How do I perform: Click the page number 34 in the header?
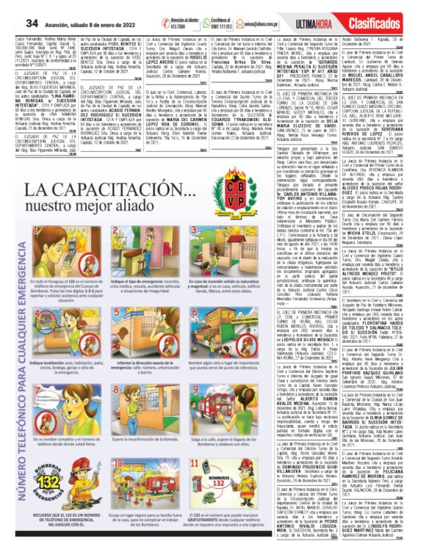click(x=12, y=7)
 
